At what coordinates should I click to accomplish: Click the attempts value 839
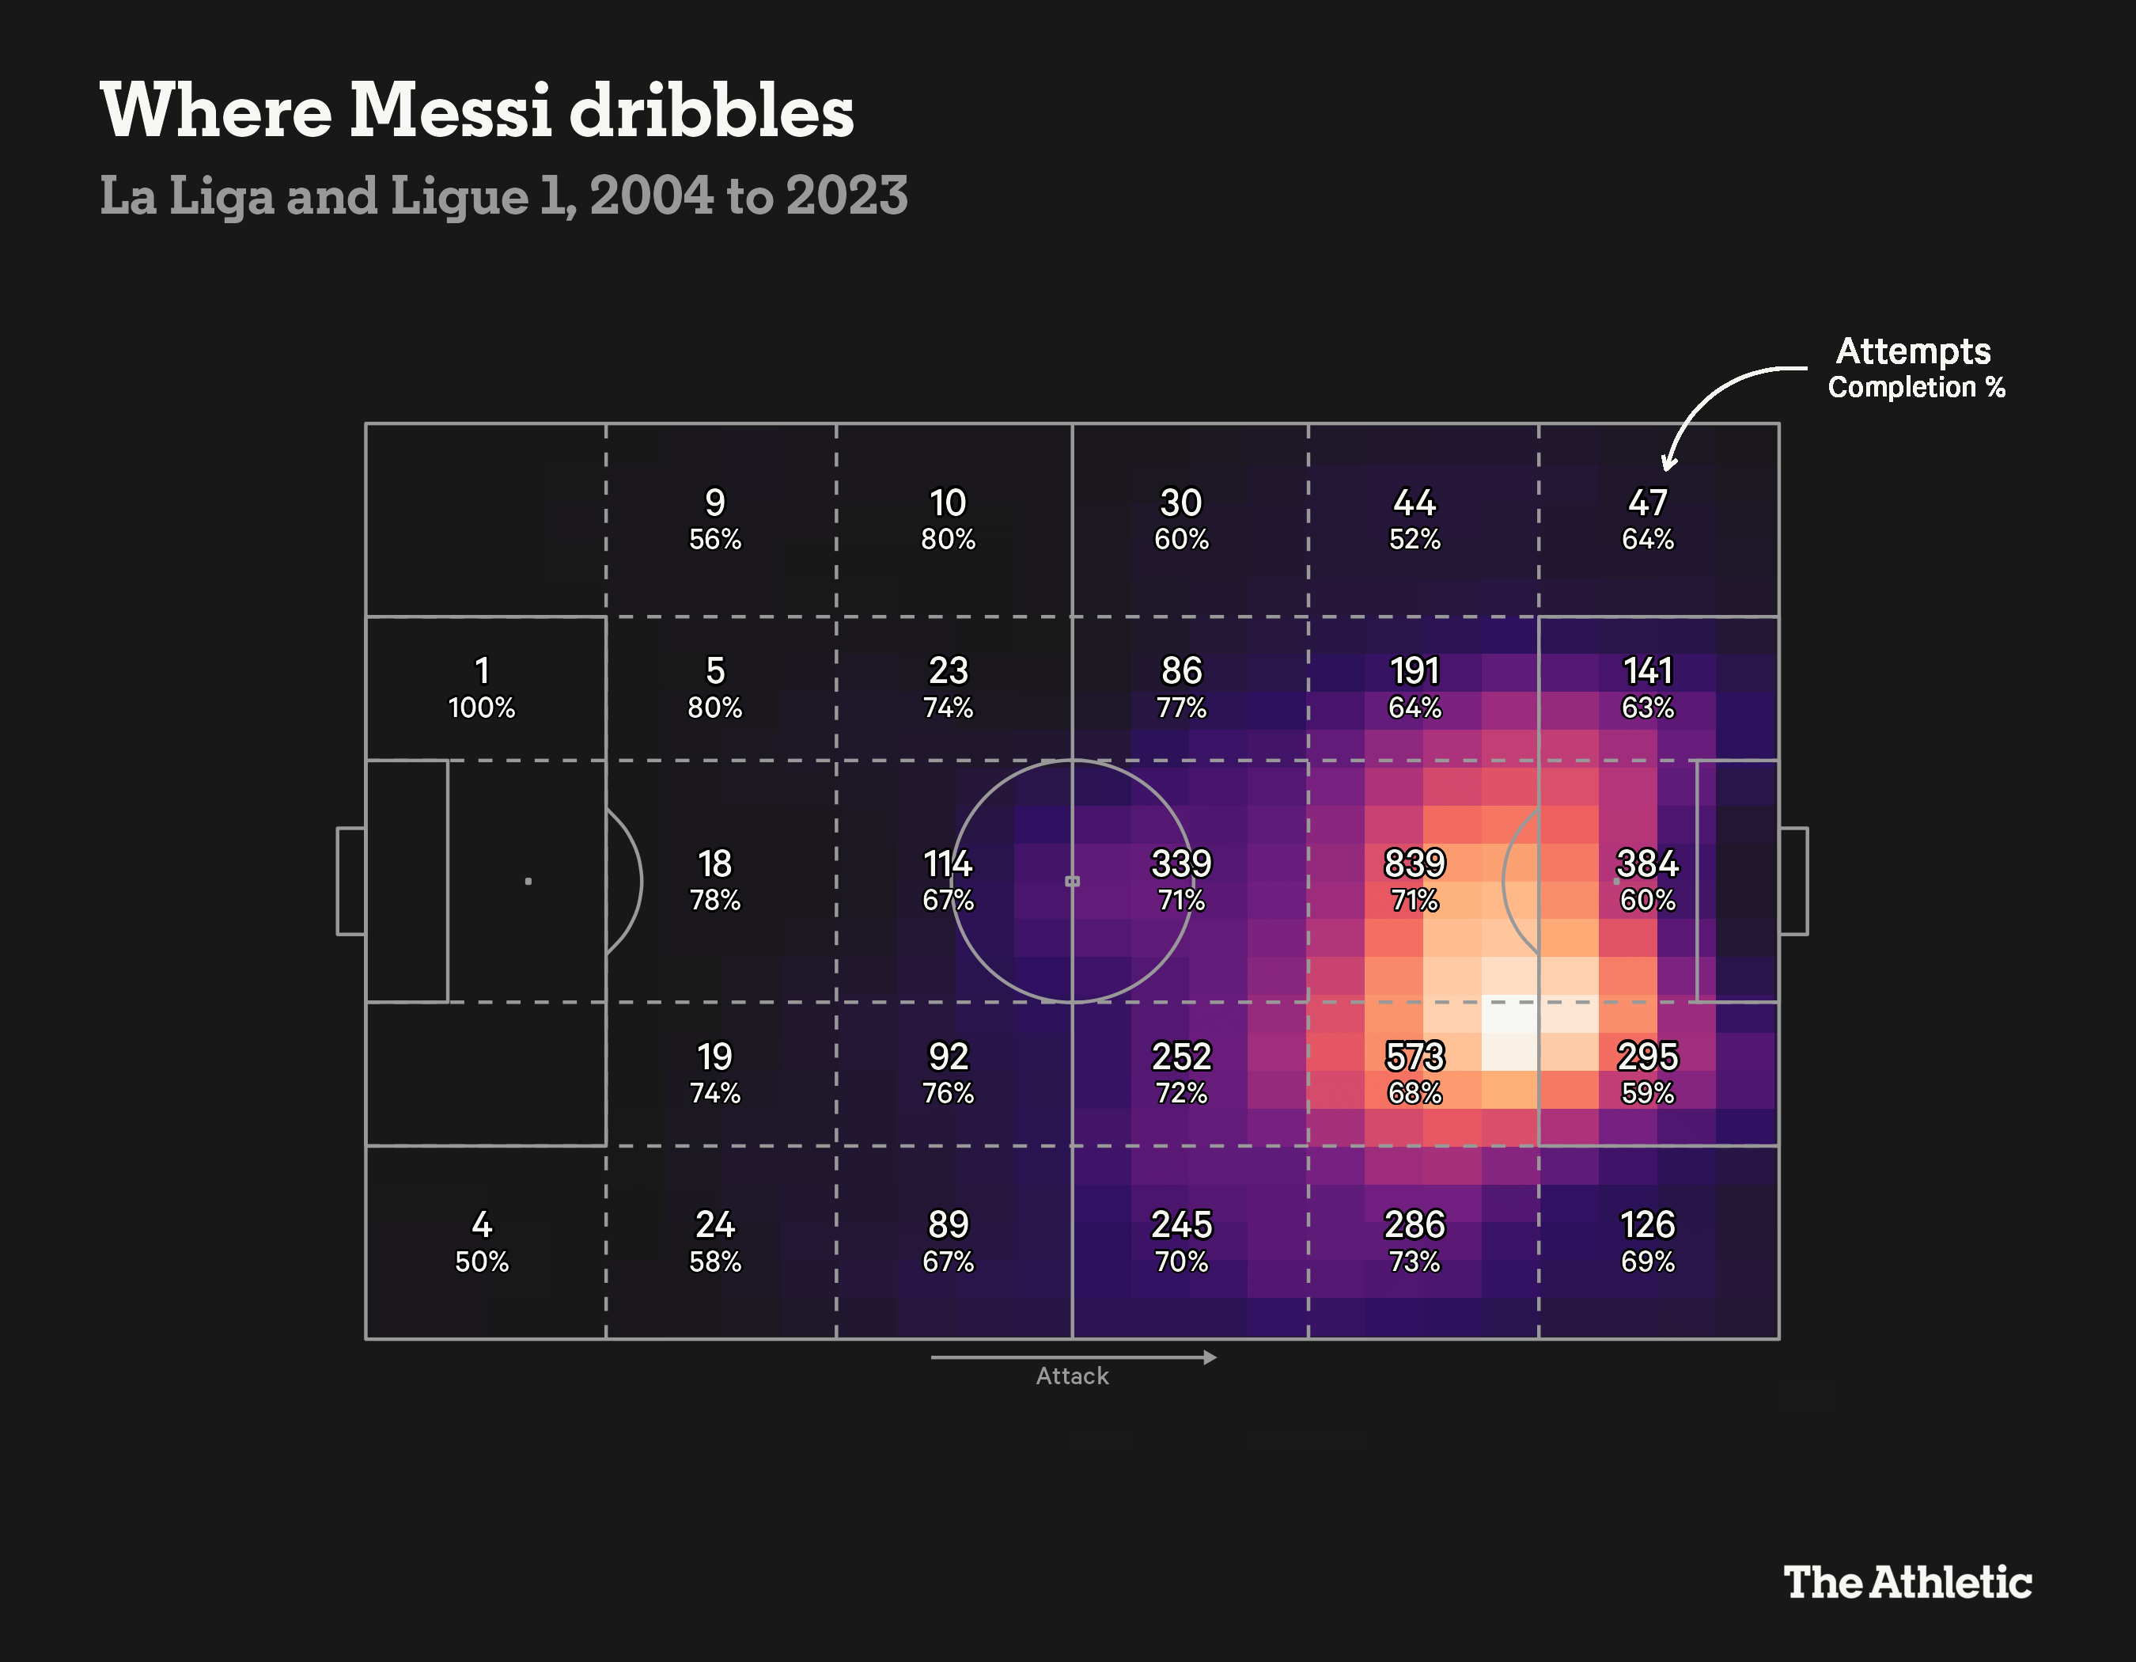(x=1415, y=863)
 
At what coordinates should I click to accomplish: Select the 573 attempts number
(x=1415, y=1056)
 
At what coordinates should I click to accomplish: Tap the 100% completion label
(x=481, y=708)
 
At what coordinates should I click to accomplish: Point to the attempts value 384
(x=1647, y=863)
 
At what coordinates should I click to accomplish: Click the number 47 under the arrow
(x=1647, y=503)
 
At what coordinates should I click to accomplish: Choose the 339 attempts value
(x=1180, y=863)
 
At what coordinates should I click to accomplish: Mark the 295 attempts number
(x=1647, y=1056)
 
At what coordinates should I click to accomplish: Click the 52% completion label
(x=1415, y=539)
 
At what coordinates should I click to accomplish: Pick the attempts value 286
(x=1415, y=1224)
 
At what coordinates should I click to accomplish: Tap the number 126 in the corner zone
(x=1647, y=1224)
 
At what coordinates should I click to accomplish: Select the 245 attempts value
(x=1180, y=1224)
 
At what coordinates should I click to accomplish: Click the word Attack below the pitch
(x=1072, y=1376)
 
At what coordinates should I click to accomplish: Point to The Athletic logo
(x=1907, y=1582)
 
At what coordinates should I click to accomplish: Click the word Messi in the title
(x=451, y=109)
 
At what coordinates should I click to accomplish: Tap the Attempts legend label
(x=1913, y=350)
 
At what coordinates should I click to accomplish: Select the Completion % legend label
(x=1916, y=387)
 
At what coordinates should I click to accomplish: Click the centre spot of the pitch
(x=1072, y=882)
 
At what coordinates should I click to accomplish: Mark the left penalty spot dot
(x=528, y=882)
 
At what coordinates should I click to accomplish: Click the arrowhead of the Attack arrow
(x=1210, y=1357)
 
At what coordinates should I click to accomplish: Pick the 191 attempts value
(x=1415, y=671)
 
